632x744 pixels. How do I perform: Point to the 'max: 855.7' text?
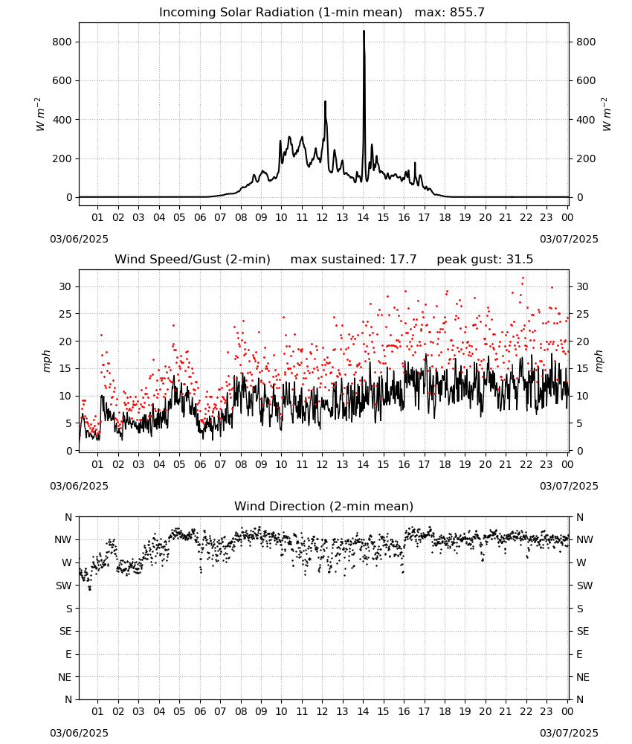(450, 13)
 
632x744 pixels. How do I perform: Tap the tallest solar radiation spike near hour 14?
(364, 31)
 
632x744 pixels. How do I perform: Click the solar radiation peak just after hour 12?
(325, 102)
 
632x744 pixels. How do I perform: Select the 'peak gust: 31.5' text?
(485, 260)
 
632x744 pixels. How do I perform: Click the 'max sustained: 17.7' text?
(354, 260)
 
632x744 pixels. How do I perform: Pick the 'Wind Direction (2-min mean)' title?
(324, 506)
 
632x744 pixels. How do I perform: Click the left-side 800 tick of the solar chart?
(62, 42)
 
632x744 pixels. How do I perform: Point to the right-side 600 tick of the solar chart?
(586, 80)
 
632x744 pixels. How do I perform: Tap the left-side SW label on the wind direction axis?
(64, 586)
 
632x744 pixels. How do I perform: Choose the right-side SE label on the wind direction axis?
(583, 631)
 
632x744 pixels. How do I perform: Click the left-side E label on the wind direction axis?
(68, 654)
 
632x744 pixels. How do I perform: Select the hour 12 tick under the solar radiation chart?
(322, 217)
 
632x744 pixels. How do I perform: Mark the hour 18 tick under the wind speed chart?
(445, 464)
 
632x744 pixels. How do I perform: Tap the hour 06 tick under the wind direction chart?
(200, 711)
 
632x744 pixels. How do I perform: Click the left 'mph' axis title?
(46, 361)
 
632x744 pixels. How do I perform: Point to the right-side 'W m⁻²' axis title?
(607, 115)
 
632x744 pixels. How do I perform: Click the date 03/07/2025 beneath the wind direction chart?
(569, 733)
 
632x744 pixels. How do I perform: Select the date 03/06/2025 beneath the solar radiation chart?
(79, 239)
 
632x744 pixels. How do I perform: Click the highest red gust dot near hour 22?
(523, 278)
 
